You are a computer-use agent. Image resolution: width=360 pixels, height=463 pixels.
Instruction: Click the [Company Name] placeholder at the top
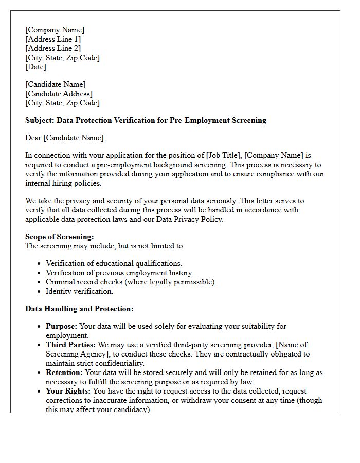(x=55, y=30)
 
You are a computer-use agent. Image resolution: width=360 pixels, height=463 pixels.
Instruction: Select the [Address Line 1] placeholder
(x=53, y=39)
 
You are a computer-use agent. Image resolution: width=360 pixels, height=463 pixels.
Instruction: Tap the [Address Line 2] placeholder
(x=53, y=48)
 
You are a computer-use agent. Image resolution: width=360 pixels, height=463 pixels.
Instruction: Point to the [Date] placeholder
(x=35, y=67)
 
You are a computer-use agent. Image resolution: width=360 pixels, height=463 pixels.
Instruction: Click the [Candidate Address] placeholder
(x=59, y=94)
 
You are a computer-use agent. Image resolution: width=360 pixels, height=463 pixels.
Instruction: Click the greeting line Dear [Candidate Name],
(x=65, y=138)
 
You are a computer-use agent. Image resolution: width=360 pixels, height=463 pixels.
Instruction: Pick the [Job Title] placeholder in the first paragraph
(x=223, y=155)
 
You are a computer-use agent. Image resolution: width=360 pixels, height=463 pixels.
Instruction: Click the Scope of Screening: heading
(x=60, y=237)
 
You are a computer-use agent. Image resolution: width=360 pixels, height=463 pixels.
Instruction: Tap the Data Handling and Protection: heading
(x=79, y=309)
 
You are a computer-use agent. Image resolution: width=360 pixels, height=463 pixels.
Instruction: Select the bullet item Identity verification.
(x=79, y=291)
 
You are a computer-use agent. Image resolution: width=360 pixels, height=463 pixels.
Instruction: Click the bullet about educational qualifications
(x=114, y=263)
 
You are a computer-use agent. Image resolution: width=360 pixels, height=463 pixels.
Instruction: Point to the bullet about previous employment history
(x=119, y=273)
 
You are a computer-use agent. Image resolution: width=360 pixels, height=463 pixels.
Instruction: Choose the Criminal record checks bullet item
(x=131, y=282)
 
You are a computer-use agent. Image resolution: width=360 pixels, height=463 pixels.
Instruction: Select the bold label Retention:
(x=64, y=372)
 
